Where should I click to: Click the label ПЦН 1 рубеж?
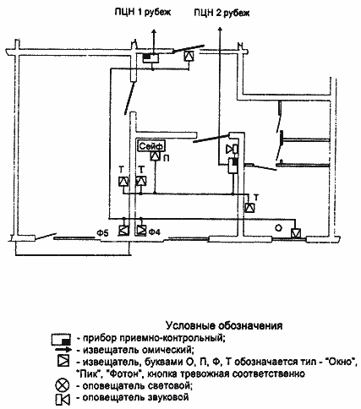[143, 12]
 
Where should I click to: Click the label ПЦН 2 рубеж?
[222, 13]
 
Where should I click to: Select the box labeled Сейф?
[150, 146]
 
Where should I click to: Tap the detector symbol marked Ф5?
[123, 230]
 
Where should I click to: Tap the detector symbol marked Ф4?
[141, 230]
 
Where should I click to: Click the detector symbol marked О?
[296, 233]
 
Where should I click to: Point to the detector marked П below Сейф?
[155, 155]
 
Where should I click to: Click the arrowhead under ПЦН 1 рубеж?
[154, 31]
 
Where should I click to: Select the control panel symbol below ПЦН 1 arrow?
[150, 57]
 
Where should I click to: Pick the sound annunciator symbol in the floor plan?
[232, 149]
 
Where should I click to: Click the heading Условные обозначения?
[224, 325]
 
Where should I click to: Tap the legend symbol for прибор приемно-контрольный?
[61, 340]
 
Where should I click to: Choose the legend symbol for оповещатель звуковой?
[63, 399]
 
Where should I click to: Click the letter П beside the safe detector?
[167, 158]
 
